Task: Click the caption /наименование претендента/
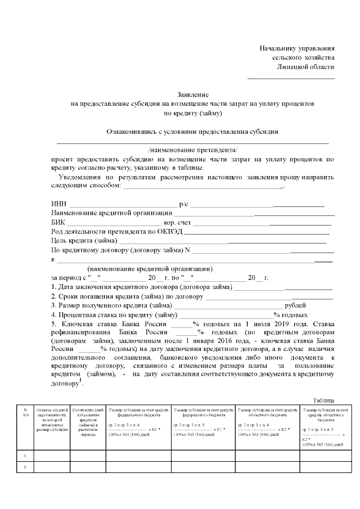(x=192, y=150)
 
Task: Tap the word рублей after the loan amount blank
(x=296, y=305)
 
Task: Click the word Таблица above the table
(x=323, y=400)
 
